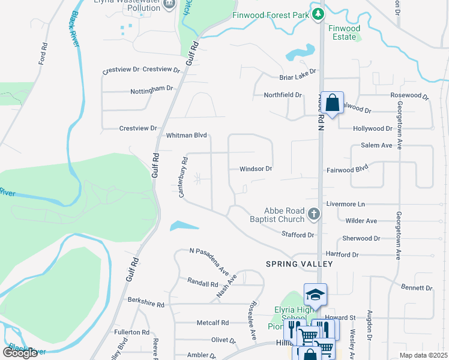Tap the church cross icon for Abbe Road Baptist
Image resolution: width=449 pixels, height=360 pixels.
(x=313, y=214)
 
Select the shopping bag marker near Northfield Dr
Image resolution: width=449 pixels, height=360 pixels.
(x=332, y=103)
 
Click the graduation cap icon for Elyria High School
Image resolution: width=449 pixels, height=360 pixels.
(x=315, y=295)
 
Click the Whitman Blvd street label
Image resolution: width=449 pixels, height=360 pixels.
(x=186, y=136)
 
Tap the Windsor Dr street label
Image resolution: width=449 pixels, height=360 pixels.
(x=256, y=169)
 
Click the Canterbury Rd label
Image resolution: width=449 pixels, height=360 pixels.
(x=184, y=177)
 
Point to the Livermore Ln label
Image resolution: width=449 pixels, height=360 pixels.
(x=345, y=204)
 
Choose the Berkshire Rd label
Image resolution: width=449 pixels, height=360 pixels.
(x=146, y=305)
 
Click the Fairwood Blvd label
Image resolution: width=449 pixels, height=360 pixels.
(x=346, y=170)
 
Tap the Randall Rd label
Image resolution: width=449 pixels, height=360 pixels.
(x=202, y=283)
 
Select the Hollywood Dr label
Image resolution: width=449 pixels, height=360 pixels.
(x=372, y=128)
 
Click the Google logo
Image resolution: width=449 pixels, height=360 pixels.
(x=20, y=353)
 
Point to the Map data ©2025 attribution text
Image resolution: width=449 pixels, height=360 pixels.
(x=424, y=355)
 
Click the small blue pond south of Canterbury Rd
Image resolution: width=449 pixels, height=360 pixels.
(x=184, y=226)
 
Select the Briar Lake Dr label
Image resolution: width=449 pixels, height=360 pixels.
(x=297, y=77)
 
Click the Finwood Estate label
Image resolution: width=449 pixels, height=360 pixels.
(x=345, y=32)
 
